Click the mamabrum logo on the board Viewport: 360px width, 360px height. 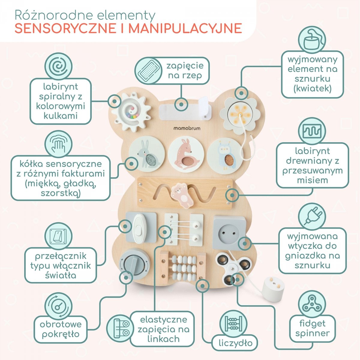click(187, 128)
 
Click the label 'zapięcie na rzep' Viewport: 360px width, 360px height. click(185, 70)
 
